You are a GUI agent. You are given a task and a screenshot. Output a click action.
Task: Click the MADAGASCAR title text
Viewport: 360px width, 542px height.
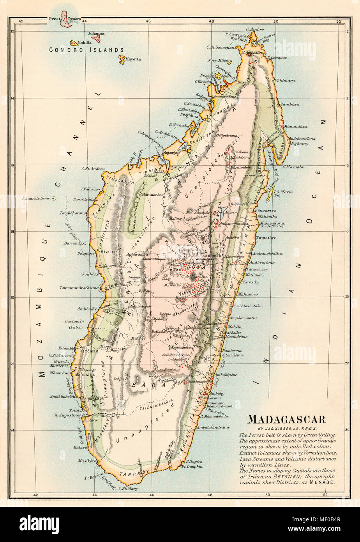[x=287, y=420]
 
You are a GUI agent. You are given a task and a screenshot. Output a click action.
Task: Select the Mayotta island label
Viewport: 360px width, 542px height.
[x=132, y=60]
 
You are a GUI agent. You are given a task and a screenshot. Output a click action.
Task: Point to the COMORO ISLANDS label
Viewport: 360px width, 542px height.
[x=86, y=50]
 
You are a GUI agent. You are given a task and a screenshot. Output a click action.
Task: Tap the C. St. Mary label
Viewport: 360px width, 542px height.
[x=129, y=488]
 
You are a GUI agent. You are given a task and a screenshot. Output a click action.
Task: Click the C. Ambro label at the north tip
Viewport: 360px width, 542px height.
[x=255, y=29]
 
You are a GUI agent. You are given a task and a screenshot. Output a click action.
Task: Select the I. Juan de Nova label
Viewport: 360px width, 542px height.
[x=37, y=198]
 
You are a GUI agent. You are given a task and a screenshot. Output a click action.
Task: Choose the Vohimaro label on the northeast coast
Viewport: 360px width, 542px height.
[x=284, y=81]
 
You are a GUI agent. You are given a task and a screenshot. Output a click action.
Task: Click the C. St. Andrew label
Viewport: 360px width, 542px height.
[x=94, y=169]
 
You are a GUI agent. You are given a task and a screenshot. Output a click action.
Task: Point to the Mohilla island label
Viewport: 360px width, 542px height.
[x=85, y=42]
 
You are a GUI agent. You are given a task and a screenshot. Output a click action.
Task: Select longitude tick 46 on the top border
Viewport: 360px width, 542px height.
[x=148, y=21]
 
